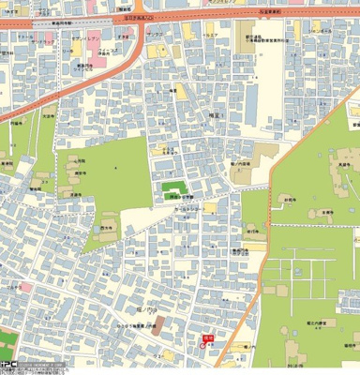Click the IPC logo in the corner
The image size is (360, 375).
[7, 367]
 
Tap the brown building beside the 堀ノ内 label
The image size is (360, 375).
[158, 326]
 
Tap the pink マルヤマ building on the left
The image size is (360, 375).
[25, 286]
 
